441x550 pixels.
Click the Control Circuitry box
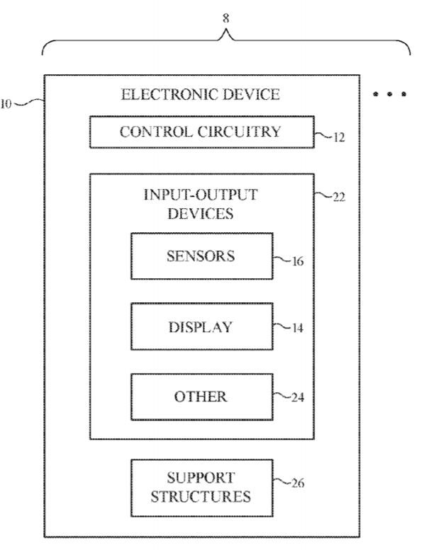[201, 132]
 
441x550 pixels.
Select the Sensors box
[201, 256]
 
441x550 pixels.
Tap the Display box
[201, 326]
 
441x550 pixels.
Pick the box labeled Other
[201, 396]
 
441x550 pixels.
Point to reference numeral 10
[6, 104]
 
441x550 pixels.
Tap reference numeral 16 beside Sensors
[297, 262]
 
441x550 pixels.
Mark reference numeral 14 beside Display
[297, 329]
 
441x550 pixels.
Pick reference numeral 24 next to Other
[298, 397]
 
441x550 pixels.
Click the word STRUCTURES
[201, 495]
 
